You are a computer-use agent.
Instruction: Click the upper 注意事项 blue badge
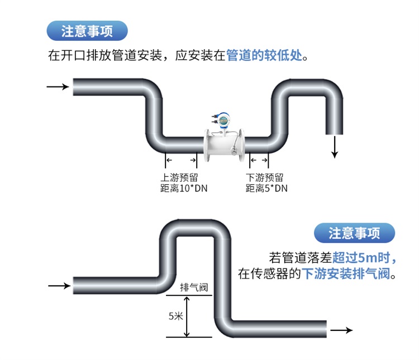pos(87,31)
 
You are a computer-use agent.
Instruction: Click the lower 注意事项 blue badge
pos(354,233)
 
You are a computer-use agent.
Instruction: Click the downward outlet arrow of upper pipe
pos(335,147)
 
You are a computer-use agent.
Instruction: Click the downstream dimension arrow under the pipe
pos(259,161)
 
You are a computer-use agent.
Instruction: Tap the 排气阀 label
pos(194,287)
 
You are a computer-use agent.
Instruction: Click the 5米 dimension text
pos(176,316)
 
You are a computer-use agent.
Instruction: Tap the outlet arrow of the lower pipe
pos(342,330)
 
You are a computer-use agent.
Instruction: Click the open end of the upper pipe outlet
pos(335,134)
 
